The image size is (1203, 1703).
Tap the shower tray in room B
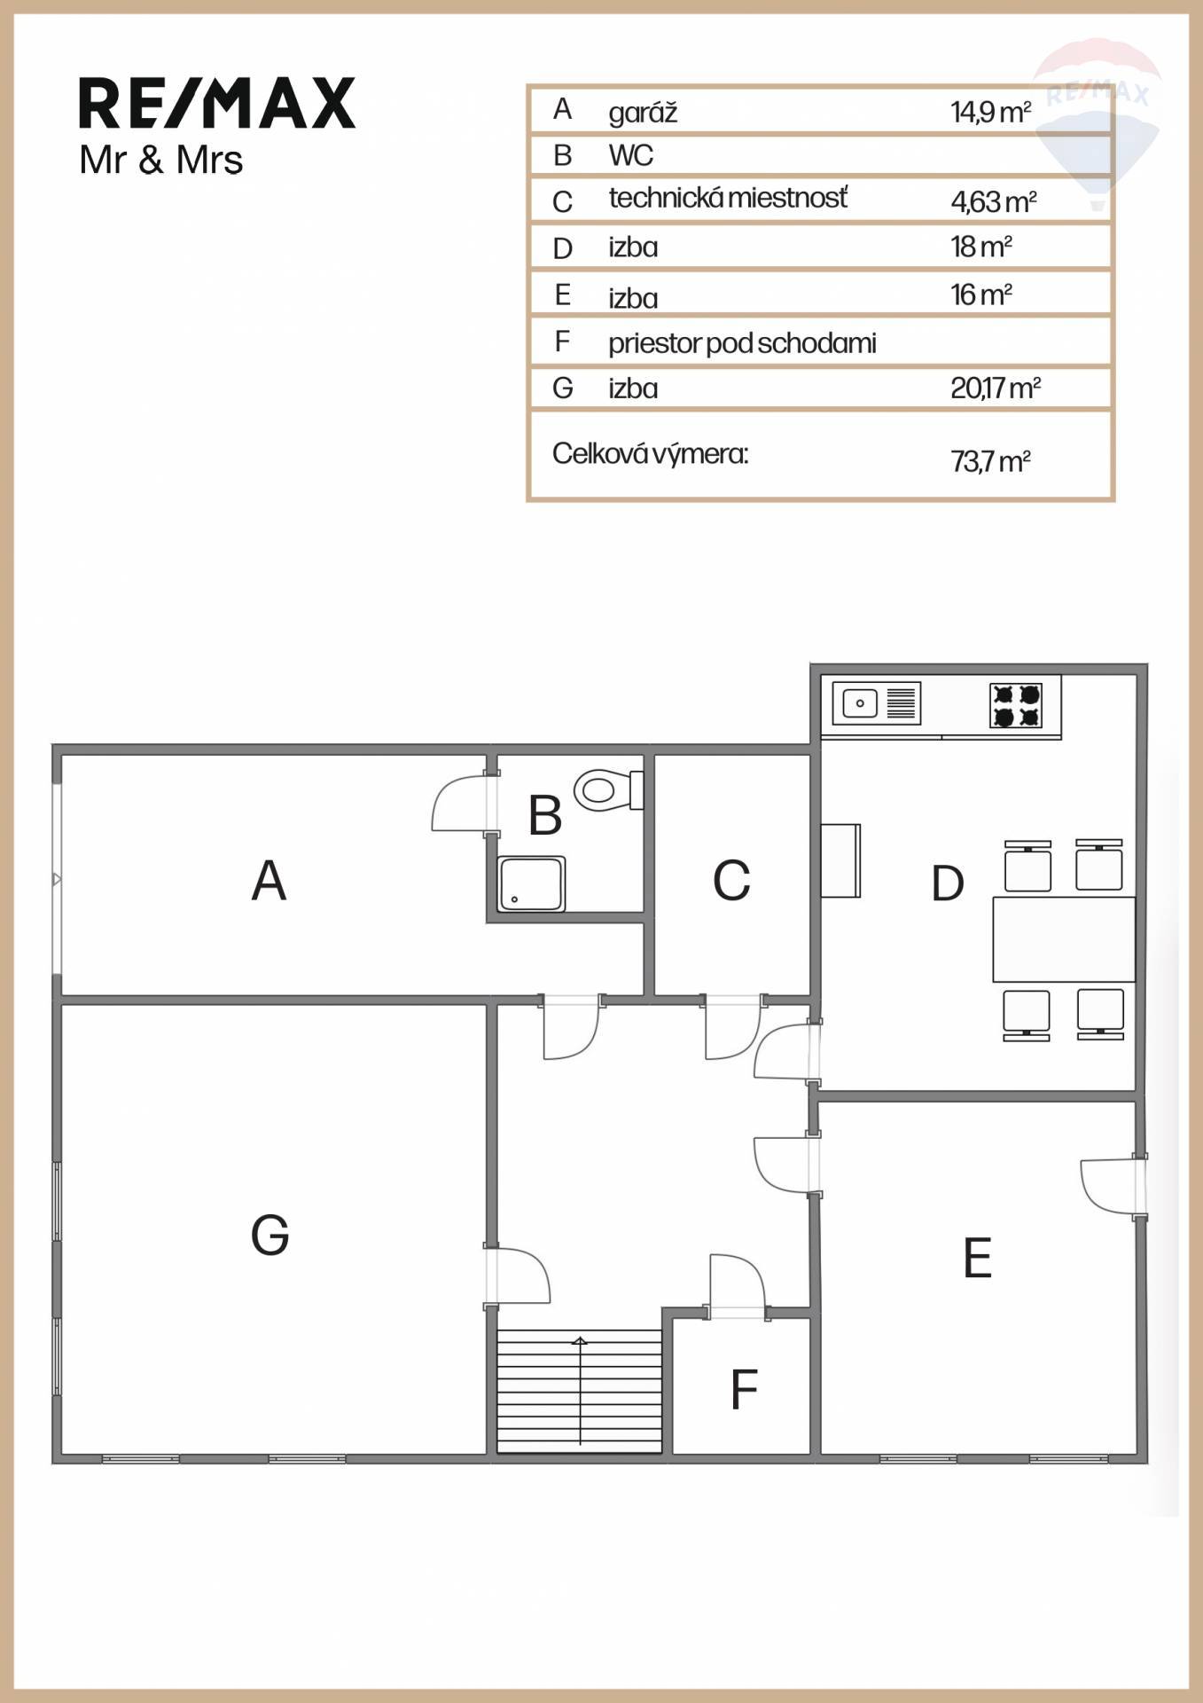[x=531, y=883]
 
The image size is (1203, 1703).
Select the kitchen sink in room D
[x=877, y=703]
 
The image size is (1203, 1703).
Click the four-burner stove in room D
[x=1016, y=705]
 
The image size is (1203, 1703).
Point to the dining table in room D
[x=1064, y=938]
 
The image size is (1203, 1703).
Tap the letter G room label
[x=270, y=1235]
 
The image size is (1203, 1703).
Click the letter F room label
[x=744, y=1389]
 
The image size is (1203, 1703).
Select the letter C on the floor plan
[x=731, y=880]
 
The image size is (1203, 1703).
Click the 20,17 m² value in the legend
[x=995, y=388]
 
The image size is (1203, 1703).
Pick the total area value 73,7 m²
[x=990, y=461]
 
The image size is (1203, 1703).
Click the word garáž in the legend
[x=643, y=113]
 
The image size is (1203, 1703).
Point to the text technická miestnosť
[x=728, y=197]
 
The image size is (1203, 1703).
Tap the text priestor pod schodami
[x=742, y=343]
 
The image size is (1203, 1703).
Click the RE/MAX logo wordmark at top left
[x=217, y=103]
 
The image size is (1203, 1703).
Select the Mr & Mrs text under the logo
[x=160, y=161]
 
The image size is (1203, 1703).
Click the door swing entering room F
[x=737, y=1282]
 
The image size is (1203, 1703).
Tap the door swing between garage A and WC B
[x=459, y=803]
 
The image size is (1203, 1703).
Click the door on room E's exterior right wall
[x=1110, y=1186]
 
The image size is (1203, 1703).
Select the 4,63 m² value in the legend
[x=994, y=201]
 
